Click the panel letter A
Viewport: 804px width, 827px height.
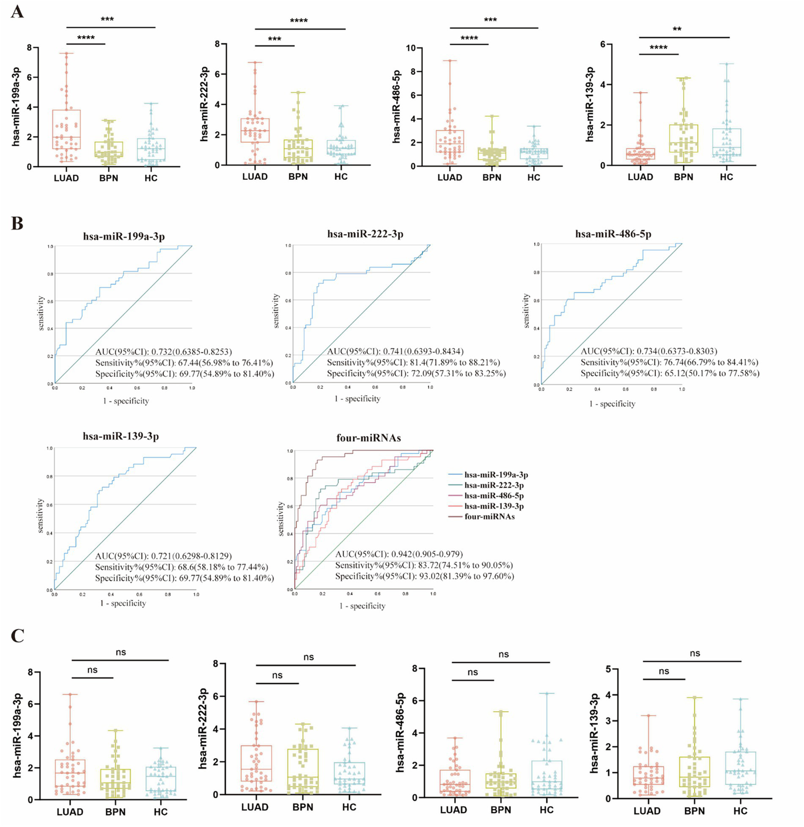click(17, 11)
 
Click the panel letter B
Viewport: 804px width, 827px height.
click(17, 223)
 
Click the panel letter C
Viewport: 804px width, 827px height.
click(17, 636)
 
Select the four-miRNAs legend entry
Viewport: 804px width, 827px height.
click(489, 517)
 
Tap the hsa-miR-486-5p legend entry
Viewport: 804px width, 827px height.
click(493, 496)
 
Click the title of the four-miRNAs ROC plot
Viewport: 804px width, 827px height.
click(368, 438)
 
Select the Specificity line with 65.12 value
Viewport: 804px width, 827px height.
click(669, 373)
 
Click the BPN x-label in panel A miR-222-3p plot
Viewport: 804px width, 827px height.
click(299, 177)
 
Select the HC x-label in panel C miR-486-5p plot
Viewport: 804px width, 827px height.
click(546, 810)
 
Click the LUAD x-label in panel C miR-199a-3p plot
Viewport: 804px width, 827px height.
click(70, 812)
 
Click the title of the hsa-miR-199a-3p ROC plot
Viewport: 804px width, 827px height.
click(124, 236)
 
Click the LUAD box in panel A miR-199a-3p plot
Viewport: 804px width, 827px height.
click(66, 129)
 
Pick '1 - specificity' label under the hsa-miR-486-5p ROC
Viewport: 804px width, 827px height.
click(612, 404)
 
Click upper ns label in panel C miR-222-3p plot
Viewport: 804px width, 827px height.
click(309, 657)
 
